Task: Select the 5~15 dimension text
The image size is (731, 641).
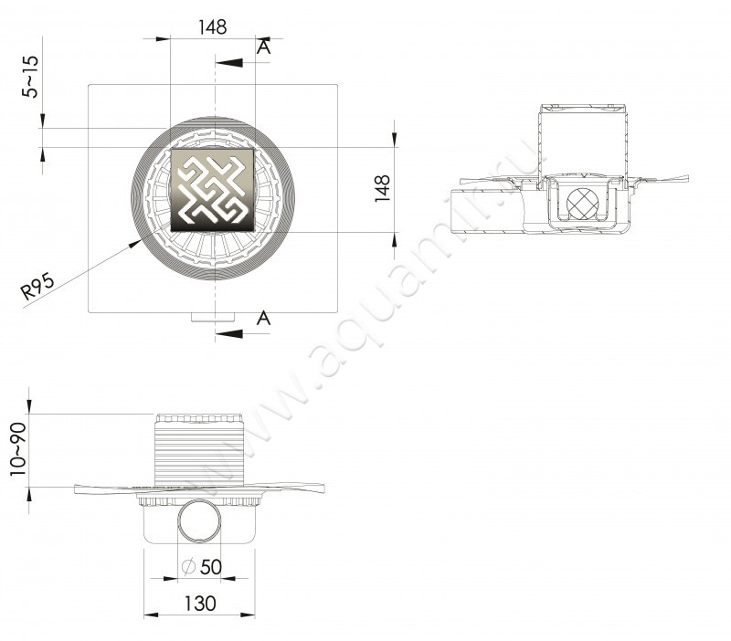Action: (x=32, y=77)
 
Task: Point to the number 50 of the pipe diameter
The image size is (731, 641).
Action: (x=211, y=567)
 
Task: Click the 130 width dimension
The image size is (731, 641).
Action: (x=200, y=604)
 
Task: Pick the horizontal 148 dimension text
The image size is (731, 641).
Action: (x=212, y=27)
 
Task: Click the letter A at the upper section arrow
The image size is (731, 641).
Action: (x=263, y=48)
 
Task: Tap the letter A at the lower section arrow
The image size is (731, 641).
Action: (x=263, y=318)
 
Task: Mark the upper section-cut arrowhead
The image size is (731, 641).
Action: (x=225, y=63)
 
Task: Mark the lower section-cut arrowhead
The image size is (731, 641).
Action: (x=225, y=333)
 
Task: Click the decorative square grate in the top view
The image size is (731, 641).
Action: (x=214, y=190)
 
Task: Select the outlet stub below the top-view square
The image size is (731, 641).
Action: (x=214, y=318)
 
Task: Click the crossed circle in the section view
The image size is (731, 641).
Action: (x=582, y=204)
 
